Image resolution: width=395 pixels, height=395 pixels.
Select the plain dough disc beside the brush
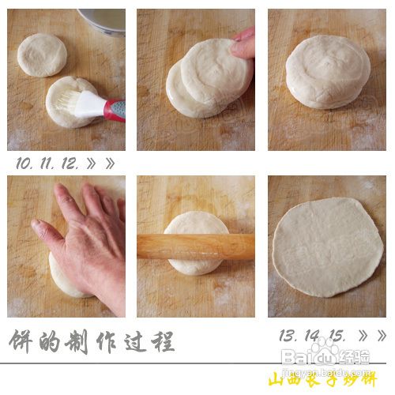[42, 55]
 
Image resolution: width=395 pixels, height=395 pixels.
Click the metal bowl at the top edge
[103, 21]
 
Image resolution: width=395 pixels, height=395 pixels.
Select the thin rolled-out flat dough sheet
[327, 246]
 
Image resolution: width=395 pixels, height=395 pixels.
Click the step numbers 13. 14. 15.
[311, 337]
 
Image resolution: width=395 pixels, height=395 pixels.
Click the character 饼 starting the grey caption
[23, 341]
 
